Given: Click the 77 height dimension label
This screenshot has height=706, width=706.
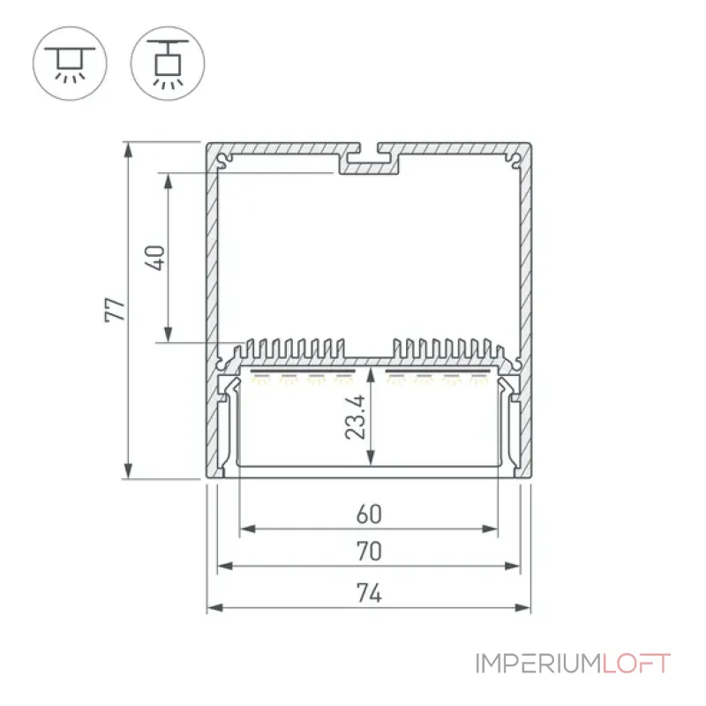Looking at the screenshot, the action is click(x=115, y=310).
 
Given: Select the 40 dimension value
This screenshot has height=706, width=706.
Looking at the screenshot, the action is click(x=155, y=258).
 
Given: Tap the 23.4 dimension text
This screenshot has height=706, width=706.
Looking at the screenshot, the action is click(x=356, y=417).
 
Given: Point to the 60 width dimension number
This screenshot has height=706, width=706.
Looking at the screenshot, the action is click(x=369, y=514).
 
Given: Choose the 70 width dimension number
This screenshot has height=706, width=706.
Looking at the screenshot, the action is click(x=369, y=551).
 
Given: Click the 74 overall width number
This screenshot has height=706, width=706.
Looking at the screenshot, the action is click(x=369, y=592).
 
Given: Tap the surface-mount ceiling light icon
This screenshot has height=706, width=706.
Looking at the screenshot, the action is click(x=70, y=64).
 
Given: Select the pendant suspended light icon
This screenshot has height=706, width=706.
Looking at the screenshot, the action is click(x=168, y=64).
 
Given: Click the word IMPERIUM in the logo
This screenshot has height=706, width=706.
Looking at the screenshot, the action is click(x=538, y=664).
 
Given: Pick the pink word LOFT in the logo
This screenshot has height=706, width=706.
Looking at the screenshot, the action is click(x=636, y=664).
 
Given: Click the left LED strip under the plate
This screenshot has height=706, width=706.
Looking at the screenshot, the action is click(x=303, y=372).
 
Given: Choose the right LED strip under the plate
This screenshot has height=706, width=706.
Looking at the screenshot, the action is click(x=438, y=372).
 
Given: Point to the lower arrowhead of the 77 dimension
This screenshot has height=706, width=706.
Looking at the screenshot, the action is click(x=128, y=470).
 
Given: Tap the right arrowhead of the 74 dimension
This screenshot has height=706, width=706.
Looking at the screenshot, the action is click(x=522, y=608).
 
